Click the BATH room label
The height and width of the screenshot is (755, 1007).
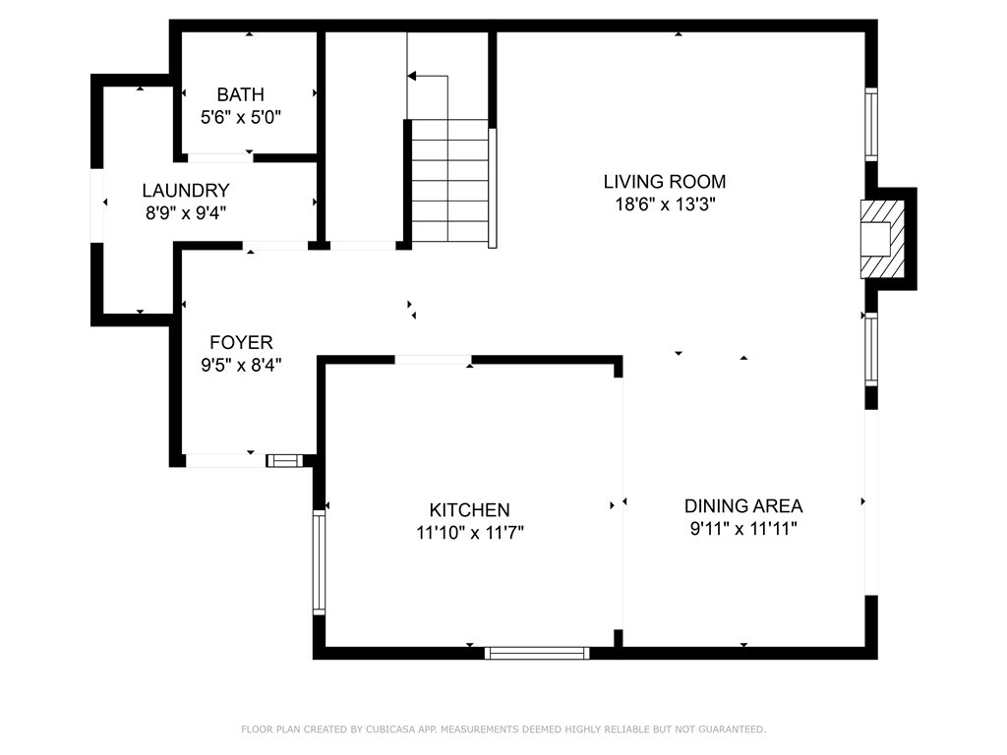coord(240,94)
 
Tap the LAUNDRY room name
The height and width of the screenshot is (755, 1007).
coord(186,190)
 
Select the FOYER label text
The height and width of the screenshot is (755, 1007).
coord(241,341)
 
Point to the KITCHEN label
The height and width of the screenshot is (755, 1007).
coord(469,510)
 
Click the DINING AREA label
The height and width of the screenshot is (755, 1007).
coord(743,506)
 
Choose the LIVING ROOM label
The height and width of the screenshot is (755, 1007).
coord(665,182)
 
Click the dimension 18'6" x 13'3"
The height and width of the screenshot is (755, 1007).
coord(665,204)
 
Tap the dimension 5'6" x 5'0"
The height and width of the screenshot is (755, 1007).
coord(241,118)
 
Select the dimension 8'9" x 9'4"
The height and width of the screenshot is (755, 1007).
coord(186,212)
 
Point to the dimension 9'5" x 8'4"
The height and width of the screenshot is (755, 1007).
coord(241,365)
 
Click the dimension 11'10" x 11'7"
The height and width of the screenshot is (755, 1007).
coord(469,532)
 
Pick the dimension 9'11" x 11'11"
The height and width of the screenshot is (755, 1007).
coord(743,529)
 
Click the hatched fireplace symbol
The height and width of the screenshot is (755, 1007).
coord(882,240)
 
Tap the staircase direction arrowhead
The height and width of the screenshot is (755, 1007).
coord(412,76)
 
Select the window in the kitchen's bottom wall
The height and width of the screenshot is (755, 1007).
coord(537,653)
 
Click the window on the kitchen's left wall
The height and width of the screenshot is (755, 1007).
coord(319,562)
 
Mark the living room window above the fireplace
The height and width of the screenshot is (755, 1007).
coord(871,125)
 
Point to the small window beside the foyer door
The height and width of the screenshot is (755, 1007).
coord(284,460)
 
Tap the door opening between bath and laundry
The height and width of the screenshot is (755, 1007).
coord(219,158)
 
